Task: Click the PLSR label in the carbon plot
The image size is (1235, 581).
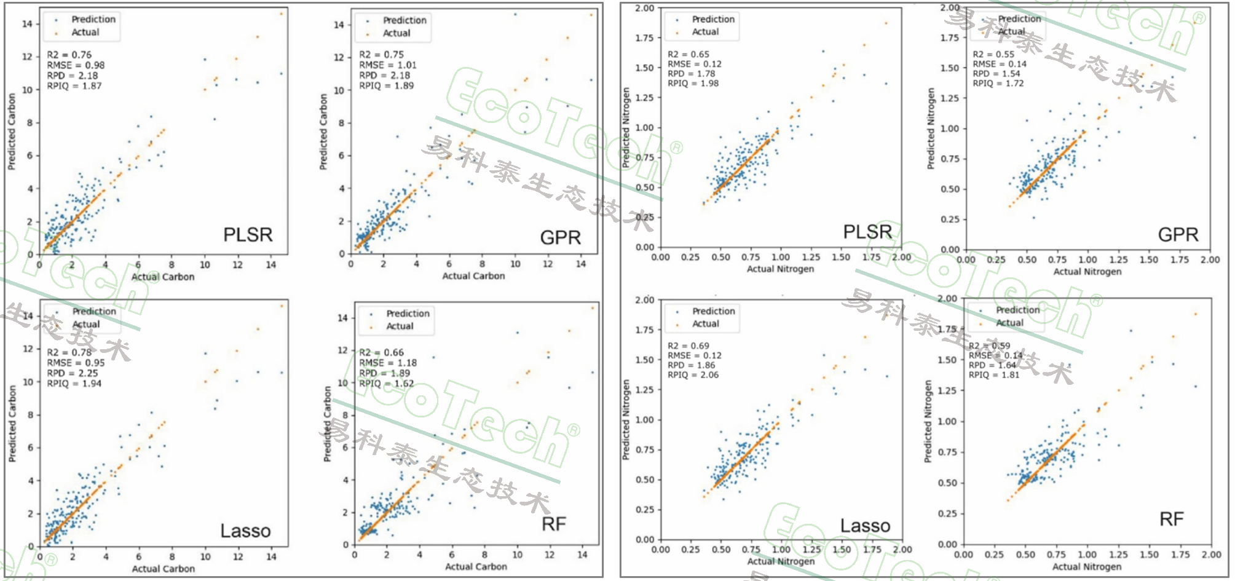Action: coord(247,235)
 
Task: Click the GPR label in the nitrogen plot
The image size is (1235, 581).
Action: coord(1178,235)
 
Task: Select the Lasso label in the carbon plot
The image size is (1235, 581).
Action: coord(245,531)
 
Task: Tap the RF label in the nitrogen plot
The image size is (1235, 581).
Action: coord(1171,520)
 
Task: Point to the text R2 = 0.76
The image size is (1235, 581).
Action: coord(69,55)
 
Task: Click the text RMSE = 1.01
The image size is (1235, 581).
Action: coord(387,65)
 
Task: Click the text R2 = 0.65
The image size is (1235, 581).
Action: coord(688,54)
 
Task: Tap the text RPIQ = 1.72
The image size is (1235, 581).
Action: coord(998,83)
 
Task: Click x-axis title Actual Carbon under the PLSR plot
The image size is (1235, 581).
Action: coord(163,277)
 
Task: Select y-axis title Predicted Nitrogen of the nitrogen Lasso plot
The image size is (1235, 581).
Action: coord(626,419)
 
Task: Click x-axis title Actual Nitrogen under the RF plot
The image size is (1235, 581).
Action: coord(1086,567)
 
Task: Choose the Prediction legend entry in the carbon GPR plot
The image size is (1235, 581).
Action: coord(404,20)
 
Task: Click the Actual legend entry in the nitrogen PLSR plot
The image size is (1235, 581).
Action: coord(705,32)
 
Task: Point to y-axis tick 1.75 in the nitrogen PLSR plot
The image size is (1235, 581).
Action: coord(644,38)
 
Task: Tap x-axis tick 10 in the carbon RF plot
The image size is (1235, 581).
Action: coord(517,555)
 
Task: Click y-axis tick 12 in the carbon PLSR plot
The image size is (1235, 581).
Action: coord(27,57)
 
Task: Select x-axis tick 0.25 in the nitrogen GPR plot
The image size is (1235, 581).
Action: coord(996,260)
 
